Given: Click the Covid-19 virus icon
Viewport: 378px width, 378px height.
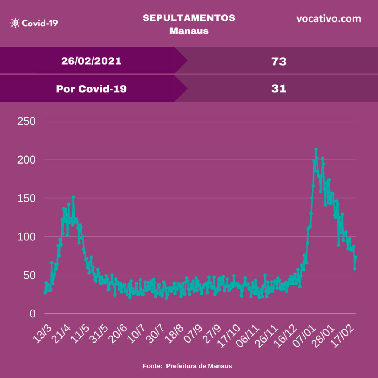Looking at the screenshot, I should [x=15, y=23].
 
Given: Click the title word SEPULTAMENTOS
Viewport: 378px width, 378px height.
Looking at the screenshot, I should [x=189, y=18].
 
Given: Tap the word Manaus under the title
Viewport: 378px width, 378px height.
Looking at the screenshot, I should [x=189, y=31].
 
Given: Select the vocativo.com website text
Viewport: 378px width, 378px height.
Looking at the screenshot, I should [x=329, y=18].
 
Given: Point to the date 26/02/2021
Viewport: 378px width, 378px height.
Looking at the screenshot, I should [x=91, y=61].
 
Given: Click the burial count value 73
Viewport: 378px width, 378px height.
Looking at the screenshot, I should [x=279, y=61].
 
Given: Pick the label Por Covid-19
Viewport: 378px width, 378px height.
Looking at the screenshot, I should [x=91, y=89].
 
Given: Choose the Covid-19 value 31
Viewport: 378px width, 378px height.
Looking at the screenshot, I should [x=279, y=89].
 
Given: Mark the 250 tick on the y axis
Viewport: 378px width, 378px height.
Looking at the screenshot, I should [x=26, y=121].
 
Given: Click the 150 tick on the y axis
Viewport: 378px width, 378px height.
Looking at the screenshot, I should [x=26, y=198].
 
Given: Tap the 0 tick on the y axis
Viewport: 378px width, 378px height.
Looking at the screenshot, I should [x=32, y=314].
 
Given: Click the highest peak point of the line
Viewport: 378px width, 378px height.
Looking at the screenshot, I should [x=316, y=150].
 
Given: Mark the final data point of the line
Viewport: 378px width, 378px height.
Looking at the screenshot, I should [x=355, y=257].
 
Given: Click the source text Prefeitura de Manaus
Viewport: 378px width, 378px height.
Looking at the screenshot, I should [x=199, y=366].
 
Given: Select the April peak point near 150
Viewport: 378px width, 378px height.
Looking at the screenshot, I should [x=73, y=197].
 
